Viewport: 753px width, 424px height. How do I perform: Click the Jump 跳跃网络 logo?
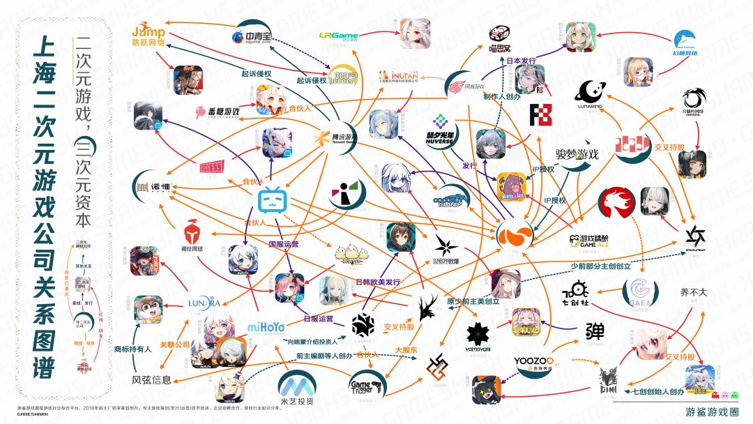[149, 36]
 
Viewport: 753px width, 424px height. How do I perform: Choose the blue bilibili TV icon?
[274, 201]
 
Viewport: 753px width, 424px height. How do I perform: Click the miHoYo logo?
[266, 328]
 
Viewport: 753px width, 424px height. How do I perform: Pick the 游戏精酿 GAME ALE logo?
[591, 241]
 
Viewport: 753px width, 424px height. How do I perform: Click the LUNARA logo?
[204, 303]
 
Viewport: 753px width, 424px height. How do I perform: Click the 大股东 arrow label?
[406, 349]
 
